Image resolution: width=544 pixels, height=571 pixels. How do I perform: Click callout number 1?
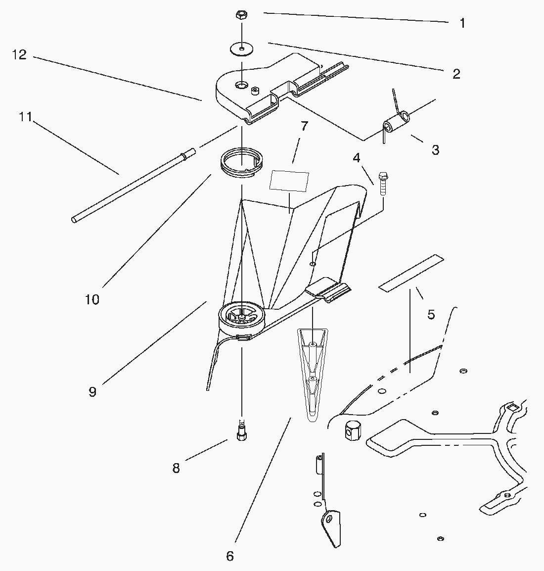(462, 23)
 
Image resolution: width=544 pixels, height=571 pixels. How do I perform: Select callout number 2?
(456, 74)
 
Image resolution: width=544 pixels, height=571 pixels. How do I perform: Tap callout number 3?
(436, 149)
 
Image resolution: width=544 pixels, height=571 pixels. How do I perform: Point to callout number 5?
(431, 314)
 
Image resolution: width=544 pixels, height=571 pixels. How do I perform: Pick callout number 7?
(304, 126)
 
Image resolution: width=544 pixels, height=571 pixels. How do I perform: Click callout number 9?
(92, 391)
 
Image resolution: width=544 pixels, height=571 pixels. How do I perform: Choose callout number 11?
(26, 117)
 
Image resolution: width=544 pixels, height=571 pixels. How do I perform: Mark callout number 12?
(19, 54)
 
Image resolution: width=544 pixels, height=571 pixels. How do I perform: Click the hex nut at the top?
(241, 16)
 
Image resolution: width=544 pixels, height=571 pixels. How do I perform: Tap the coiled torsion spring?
(396, 118)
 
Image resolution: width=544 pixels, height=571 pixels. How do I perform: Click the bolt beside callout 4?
(383, 183)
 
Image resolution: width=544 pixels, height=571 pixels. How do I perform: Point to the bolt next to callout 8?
(242, 430)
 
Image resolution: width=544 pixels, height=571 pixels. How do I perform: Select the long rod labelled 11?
(133, 186)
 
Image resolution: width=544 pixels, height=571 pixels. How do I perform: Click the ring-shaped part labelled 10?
(242, 163)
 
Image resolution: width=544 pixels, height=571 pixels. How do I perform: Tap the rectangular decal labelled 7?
(289, 181)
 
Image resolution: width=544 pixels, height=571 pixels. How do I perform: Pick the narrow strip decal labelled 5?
(411, 273)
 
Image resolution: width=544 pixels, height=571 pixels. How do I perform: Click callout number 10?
(92, 300)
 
